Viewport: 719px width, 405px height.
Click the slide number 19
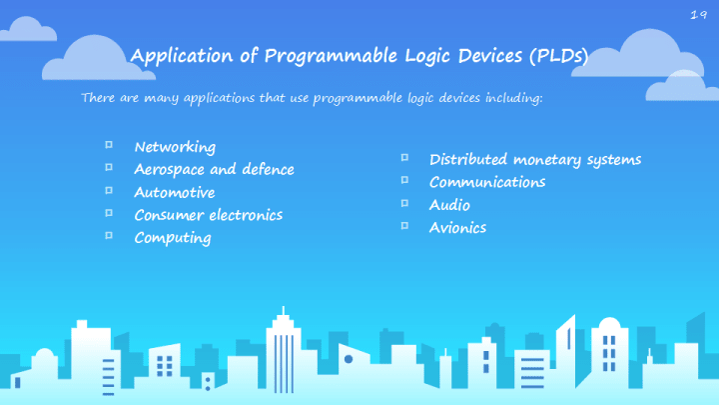(x=698, y=15)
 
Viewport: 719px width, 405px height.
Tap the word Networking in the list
(x=175, y=147)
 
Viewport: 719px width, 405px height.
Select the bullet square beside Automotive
(x=109, y=190)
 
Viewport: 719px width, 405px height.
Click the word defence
(x=268, y=169)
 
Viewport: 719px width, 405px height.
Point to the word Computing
(x=173, y=238)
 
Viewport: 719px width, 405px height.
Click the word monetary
(x=547, y=160)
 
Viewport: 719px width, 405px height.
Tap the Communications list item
(x=487, y=182)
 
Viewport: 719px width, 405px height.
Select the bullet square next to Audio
(x=404, y=202)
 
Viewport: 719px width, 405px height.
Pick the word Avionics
(x=457, y=228)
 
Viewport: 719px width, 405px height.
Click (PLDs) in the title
(x=559, y=56)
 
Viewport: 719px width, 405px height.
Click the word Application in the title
(x=182, y=56)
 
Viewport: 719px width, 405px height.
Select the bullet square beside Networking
(x=109, y=145)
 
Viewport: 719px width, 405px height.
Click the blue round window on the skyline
(x=349, y=359)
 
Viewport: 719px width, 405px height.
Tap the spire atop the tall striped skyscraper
(x=283, y=310)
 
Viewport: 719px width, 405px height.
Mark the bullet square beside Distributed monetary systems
(x=404, y=158)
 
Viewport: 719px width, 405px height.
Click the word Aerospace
(x=169, y=170)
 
